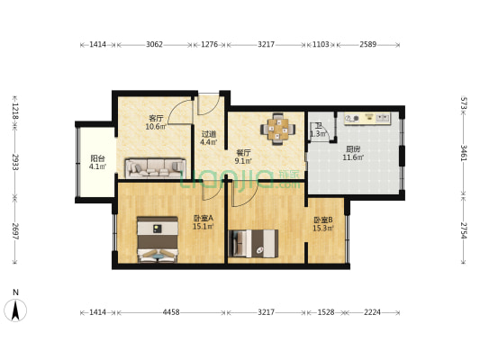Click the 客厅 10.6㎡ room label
(156, 122)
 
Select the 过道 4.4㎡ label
(208, 138)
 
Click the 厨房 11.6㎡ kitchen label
(353, 154)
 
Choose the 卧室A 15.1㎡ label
(203, 222)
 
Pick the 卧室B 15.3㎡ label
(322, 224)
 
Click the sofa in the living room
(155, 166)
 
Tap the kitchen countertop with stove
(367, 118)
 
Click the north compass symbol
(15, 309)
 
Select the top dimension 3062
(154, 43)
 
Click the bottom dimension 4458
(170, 311)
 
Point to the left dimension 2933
(14, 162)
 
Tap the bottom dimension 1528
(327, 311)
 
